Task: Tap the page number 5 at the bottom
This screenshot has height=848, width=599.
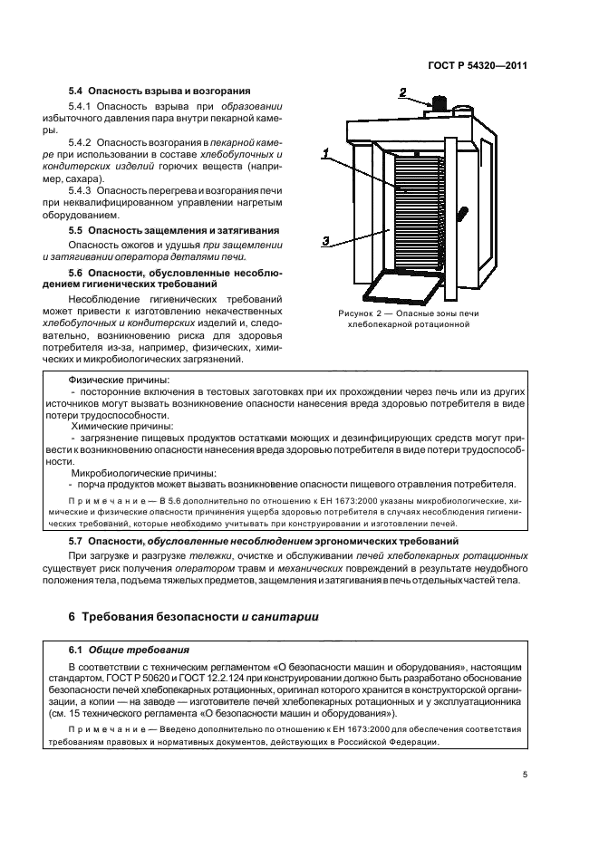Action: [525, 774]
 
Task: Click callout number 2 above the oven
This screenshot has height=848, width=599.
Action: [403, 92]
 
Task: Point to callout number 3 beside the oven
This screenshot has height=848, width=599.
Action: [324, 240]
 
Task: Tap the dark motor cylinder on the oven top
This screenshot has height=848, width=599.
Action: [441, 104]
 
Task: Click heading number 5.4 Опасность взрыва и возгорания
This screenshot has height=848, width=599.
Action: [159, 92]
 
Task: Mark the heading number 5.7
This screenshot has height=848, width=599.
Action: [77, 540]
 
